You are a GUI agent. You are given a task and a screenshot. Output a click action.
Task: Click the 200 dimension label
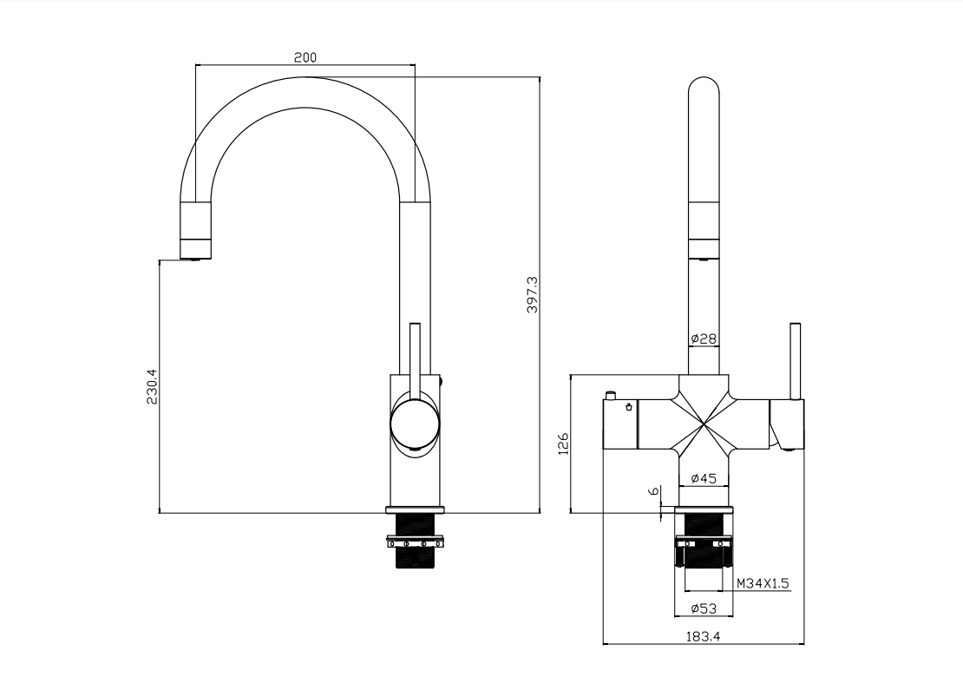(x=305, y=57)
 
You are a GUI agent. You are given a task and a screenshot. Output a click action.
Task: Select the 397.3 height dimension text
(x=533, y=294)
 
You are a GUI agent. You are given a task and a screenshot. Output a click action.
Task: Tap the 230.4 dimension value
(x=152, y=387)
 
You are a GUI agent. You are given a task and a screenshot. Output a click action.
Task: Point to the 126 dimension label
(x=562, y=444)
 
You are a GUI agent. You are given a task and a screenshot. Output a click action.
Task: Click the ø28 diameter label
(x=704, y=338)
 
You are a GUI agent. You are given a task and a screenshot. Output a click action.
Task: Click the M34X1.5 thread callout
(x=763, y=583)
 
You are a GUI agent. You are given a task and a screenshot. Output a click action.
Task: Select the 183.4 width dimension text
(x=704, y=636)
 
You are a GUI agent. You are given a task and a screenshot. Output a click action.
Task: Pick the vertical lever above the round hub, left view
(x=415, y=356)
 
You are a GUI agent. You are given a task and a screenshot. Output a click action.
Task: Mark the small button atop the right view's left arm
(x=612, y=395)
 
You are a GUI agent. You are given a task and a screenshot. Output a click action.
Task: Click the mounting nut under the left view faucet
(x=416, y=544)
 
